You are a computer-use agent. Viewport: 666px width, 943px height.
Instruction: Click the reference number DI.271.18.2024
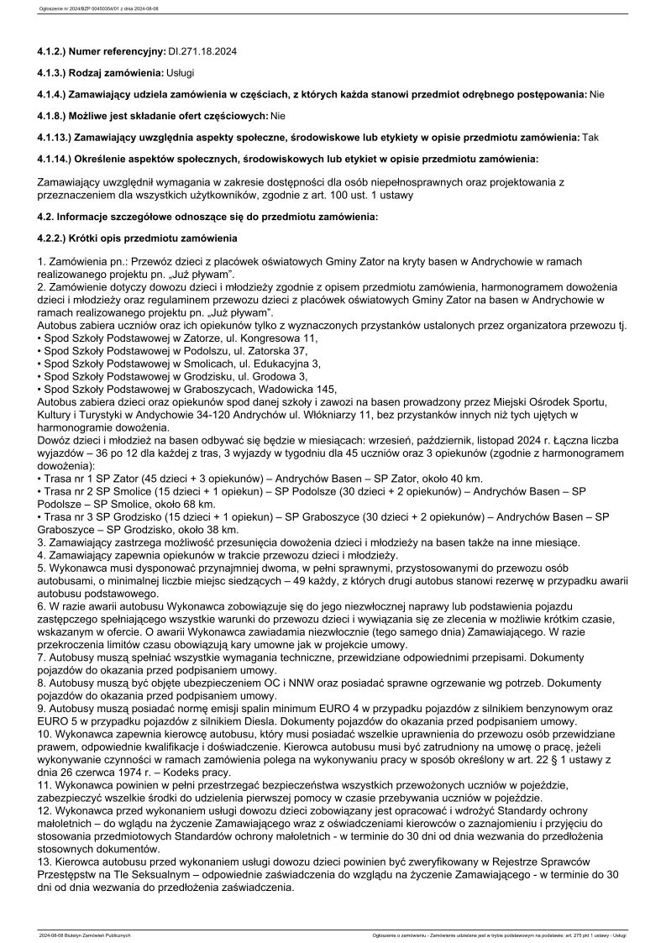(202, 51)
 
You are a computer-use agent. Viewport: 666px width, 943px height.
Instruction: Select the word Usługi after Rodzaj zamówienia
(181, 73)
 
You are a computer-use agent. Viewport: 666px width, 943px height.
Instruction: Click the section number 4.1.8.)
(55, 115)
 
